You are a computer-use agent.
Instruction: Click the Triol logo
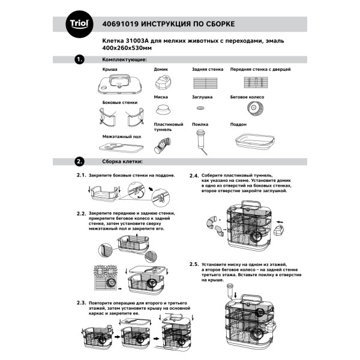tap(79, 24)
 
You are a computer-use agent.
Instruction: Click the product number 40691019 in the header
tap(123, 25)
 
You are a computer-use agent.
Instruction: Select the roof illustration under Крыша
tap(121, 83)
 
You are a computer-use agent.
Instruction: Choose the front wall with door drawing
tap(254, 82)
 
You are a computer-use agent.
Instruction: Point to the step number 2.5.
tap(194, 264)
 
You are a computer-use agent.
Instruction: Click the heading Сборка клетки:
tap(122, 161)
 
